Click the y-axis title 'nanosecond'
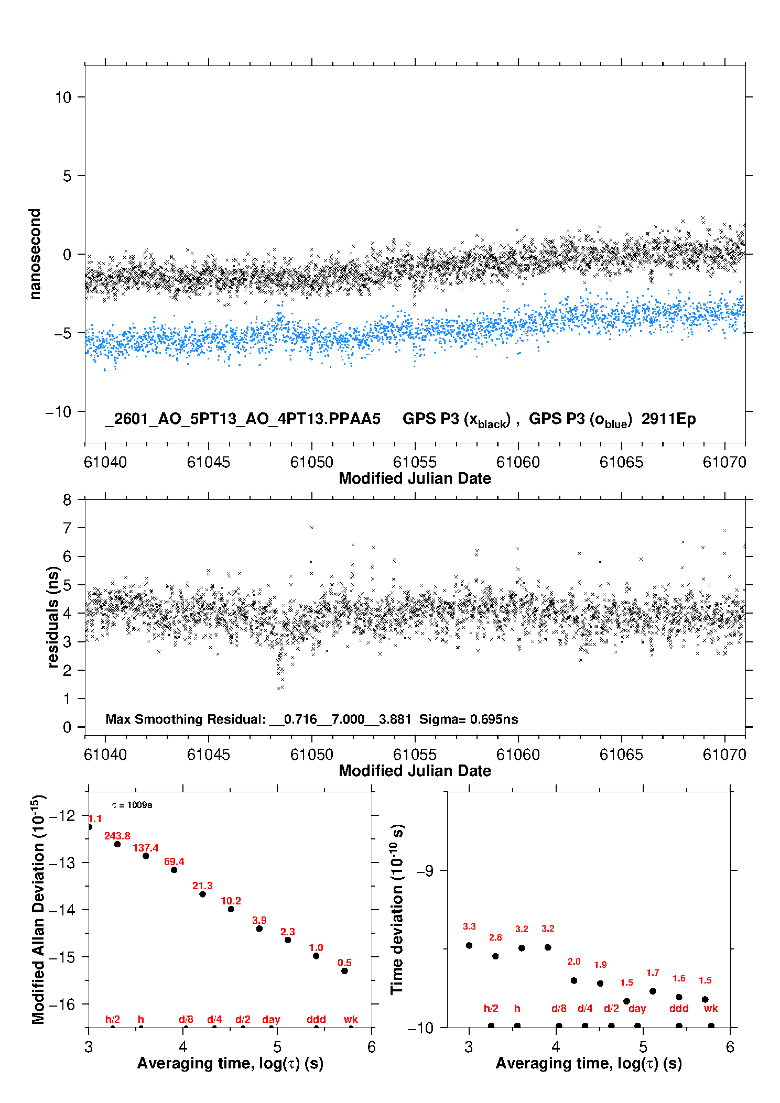point(35,254)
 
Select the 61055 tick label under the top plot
point(415,462)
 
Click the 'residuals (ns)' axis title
point(53,617)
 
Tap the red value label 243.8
point(117,836)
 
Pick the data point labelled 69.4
point(174,870)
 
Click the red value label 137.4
point(145,848)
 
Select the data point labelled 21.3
point(202,894)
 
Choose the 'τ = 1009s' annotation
point(132,805)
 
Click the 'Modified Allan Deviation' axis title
point(38,910)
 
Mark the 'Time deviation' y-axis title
point(397,910)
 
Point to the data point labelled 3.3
point(469,945)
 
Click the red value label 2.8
point(495,937)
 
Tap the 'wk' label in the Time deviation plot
point(711,1008)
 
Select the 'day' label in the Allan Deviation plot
point(271,1019)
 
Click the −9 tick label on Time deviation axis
point(425,870)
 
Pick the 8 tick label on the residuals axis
point(67,500)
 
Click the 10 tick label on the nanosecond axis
point(63,97)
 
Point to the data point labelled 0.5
point(344,971)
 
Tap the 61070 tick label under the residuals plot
point(724,755)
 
